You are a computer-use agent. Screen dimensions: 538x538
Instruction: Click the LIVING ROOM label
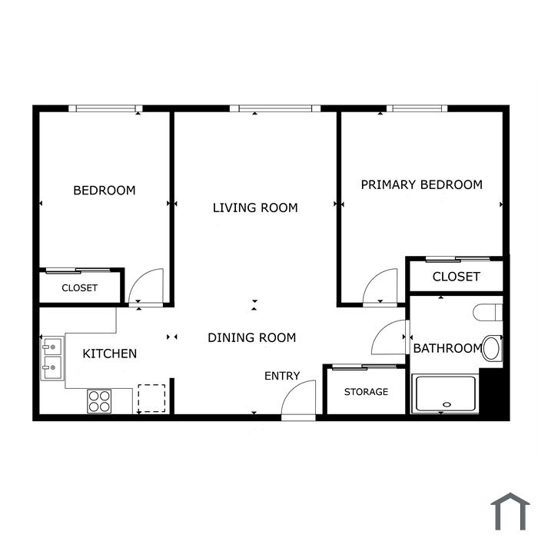click(x=255, y=208)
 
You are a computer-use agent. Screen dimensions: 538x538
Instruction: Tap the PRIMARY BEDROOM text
click(x=422, y=184)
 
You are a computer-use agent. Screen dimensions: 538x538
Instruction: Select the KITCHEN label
click(x=110, y=354)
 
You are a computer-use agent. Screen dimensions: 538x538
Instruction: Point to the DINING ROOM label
click(x=252, y=337)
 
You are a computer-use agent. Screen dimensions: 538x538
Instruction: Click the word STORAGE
click(x=366, y=391)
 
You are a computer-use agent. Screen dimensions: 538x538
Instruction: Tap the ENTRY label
click(x=282, y=376)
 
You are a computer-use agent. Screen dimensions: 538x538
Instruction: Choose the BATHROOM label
click(x=448, y=348)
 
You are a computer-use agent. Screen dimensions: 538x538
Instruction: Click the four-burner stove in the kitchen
click(x=99, y=401)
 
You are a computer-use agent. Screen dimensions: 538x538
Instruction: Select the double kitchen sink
click(x=52, y=358)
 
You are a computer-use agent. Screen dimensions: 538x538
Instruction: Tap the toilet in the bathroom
click(x=487, y=312)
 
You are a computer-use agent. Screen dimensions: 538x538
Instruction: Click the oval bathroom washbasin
click(x=491, y=348)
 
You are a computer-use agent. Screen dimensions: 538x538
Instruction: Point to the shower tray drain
click(x=447, y=404)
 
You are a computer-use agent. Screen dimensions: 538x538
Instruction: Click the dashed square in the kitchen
click(x=151, y=398)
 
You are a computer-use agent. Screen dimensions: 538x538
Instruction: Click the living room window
click(x=275, y=108)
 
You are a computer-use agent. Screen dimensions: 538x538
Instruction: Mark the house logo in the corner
click(x=510, y=511)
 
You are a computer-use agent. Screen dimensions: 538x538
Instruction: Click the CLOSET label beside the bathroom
click(x=456, y=277)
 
